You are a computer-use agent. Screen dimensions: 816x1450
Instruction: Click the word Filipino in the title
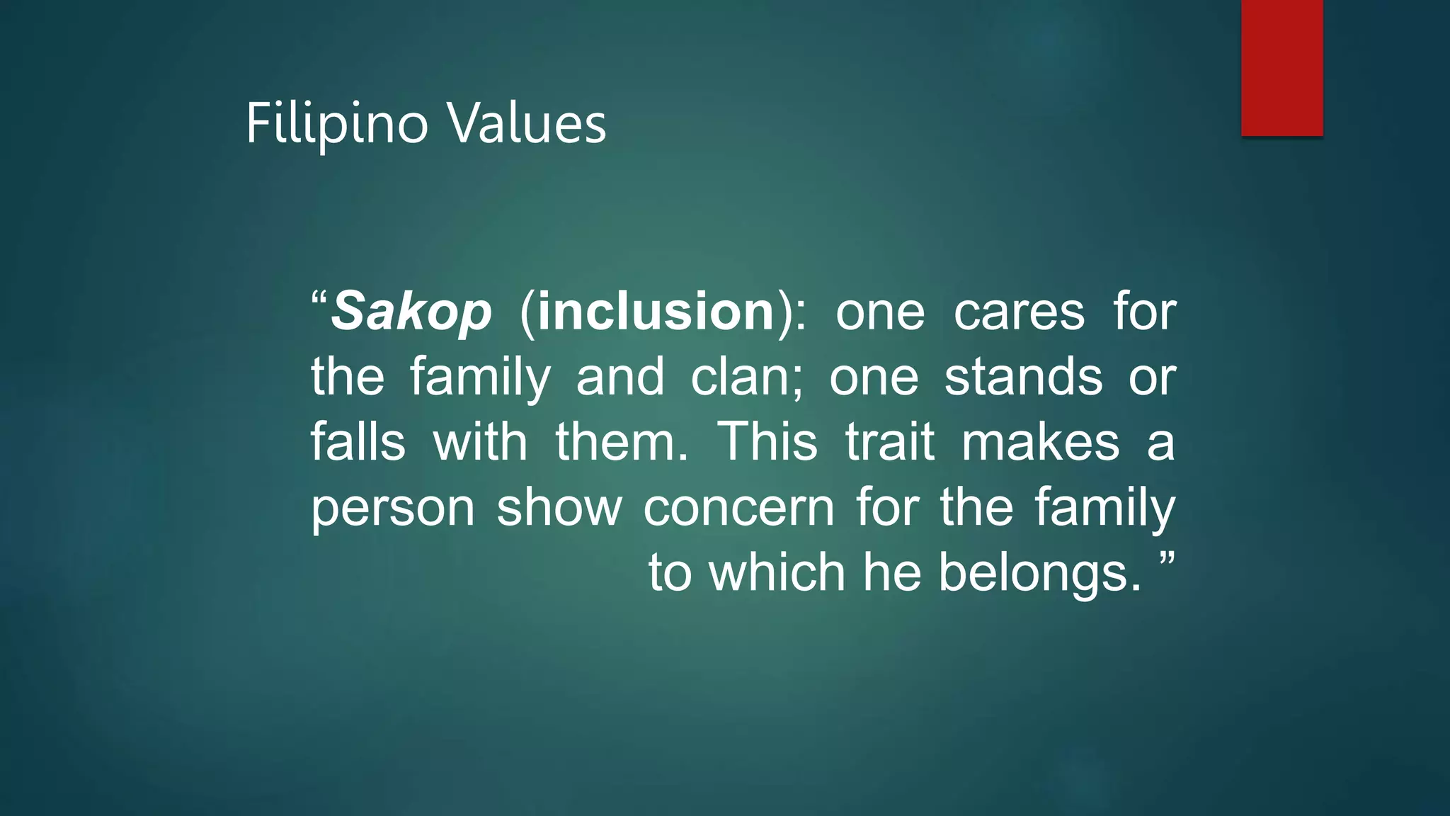point(337,125)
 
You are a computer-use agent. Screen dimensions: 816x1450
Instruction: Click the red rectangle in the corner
point(1281,67)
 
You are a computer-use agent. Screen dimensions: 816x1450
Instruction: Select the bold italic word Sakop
point(411,312)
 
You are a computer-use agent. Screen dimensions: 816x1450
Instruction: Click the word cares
point(1019,312)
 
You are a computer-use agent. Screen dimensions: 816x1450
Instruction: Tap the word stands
point(1023,377)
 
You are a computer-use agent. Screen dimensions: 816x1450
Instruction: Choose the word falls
point(358,442)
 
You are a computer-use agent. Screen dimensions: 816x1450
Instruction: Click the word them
point(621,442)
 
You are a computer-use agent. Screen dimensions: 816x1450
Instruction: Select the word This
point(768,442)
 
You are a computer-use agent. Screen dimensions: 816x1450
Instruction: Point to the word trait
point(890,442)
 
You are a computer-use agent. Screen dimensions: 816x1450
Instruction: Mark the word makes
point(1040,442)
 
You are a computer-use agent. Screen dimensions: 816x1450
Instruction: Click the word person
point(393,509)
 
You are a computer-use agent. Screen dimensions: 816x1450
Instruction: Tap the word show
point(559,507)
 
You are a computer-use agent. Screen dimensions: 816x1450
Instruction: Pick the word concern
point(739,507)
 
